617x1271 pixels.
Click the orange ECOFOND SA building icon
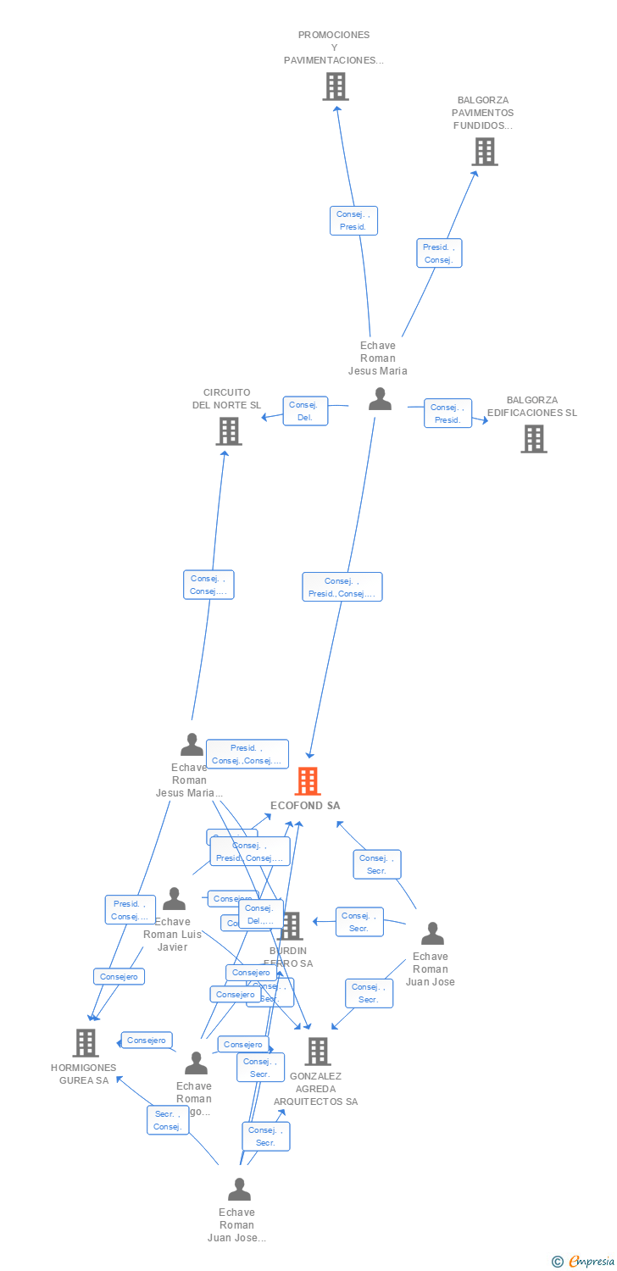[307, 781]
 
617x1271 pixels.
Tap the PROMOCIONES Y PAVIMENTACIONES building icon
[335, 86]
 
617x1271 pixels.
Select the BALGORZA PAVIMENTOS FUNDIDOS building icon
[484, 152]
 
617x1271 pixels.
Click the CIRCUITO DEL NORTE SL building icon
[228, 431]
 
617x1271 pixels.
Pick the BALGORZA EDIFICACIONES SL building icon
[533, 439]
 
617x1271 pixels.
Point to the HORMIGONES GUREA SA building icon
[85, 1042]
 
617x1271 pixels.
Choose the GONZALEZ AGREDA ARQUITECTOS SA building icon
[317, 1052]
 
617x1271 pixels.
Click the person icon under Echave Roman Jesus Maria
[380, 399]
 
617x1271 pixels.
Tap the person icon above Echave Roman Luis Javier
[174, 898]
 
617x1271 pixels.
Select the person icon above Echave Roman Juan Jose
[432, 934]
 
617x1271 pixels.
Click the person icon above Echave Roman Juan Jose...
[239, 1190]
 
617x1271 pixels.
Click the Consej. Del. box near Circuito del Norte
[305, 411]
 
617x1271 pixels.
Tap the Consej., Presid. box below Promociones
[353, 220]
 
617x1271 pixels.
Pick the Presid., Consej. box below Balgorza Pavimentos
[439, 253]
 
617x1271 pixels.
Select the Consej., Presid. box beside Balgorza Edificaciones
[447, 413]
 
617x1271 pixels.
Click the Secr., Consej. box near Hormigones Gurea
[168, 1120]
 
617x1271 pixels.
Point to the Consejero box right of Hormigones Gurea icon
[147, 1040]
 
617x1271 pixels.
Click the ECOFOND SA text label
[305, 806]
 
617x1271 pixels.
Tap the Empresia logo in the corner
[583, 1262]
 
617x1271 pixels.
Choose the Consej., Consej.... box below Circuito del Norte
[208, 585]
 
